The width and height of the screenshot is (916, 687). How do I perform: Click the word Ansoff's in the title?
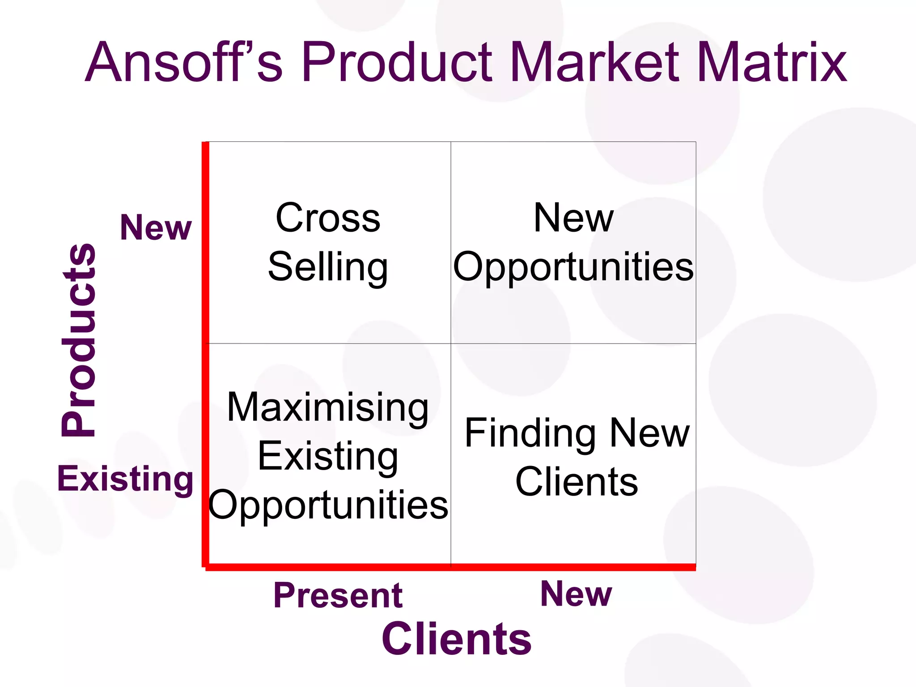click(x=183, y=63)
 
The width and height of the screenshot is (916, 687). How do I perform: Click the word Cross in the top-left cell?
click(x=328, y=218)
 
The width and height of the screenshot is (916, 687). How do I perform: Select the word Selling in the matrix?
click(x=328, y=267)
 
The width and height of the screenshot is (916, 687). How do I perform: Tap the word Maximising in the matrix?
click(x=328, y=407)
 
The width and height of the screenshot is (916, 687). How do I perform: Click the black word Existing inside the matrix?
click(x=328, y=456)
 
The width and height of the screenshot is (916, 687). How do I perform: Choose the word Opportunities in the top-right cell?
click(x=573, y=267)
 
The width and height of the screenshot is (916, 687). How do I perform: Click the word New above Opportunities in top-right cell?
click(x=573, y=218)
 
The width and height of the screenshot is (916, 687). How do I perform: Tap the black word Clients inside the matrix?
click(x=577, y=482)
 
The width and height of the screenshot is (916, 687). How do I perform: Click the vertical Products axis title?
click(x=79, y=340)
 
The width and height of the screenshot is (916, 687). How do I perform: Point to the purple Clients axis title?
click(x=456, y=639)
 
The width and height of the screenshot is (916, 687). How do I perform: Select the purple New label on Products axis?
click(x=156, y=228)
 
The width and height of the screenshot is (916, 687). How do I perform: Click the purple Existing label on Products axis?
click(x=125, y=479)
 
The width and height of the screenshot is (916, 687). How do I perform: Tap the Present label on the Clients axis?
click(x=338, y=595)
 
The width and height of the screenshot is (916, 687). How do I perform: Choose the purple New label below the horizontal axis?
click(x=576, y=594)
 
